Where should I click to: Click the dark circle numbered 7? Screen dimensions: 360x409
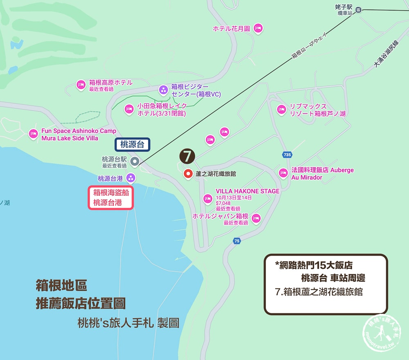[187, 155]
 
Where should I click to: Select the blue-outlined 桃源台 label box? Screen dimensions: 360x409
[132, 144]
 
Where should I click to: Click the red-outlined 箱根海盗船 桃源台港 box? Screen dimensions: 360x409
[111, 198]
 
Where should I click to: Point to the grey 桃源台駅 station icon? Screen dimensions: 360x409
[135, 162]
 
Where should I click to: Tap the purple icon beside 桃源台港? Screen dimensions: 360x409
[130, 178]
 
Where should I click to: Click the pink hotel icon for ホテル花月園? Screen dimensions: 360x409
[258, 28]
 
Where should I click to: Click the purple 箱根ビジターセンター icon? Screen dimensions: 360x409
[163, 90]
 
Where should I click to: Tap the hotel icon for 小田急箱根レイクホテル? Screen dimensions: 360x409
[129, 109]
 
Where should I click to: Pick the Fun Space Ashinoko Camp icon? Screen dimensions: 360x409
[33, 134]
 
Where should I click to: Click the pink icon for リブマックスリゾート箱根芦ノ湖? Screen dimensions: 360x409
[281, 109]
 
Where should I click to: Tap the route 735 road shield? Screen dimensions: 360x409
[287, 155]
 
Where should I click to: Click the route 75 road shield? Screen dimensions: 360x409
[237, 241]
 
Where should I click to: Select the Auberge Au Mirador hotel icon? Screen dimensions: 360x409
[283, 173]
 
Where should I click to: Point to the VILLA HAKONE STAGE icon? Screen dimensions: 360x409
[208, 199]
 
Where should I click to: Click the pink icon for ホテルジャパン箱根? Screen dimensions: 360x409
[256, 218]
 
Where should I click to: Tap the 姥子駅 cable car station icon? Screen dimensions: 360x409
[359, 10]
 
